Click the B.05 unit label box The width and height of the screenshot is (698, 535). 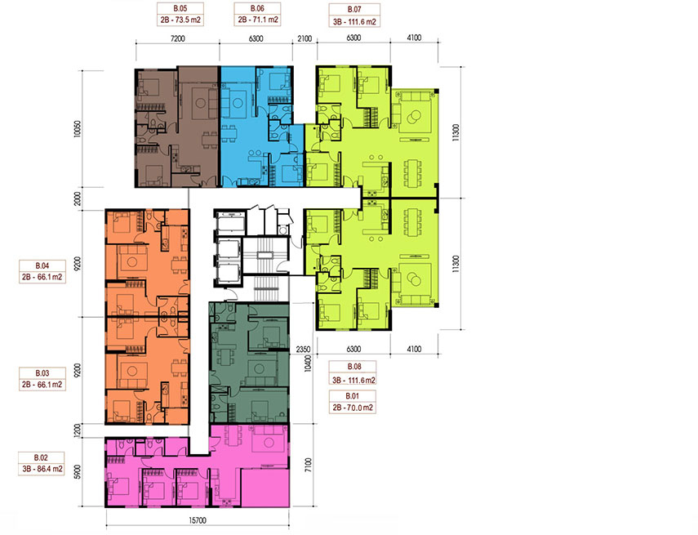click(x=180, y=14)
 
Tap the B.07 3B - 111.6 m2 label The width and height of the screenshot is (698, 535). click(x=354, y=16)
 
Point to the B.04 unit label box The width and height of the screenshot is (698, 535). click(x=42, y=271)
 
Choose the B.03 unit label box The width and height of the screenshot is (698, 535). click(x=42, y=379)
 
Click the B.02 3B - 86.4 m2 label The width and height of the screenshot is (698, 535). click(x=42, y=463)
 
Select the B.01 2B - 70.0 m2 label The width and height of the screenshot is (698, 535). click(x=353, y=402)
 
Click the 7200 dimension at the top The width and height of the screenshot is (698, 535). click(x=178, y=38)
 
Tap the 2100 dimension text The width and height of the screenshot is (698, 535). click(x=305, y=38)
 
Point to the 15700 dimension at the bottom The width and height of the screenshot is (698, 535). click(x=198, y=520)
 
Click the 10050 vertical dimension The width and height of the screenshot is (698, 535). click(x=78, y=128)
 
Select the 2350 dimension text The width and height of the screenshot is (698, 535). click(x=303, y=350)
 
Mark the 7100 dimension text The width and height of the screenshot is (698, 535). click(x=309, y=465)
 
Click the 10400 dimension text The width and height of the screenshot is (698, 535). click(x=307, y=360)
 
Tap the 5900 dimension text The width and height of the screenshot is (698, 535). click(x=78, y=472)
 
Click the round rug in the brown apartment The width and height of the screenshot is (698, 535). click(x=200, y=103)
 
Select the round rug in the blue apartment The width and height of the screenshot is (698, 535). click(x=238, y=103)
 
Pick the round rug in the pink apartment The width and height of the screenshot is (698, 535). click(x=268, y=443)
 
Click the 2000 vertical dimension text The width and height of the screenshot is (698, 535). click(x=78, y=198)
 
